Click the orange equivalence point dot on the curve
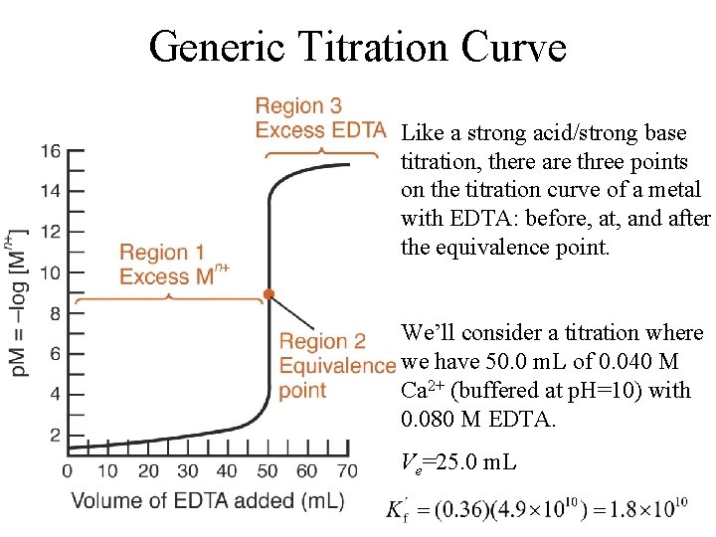(268, 294)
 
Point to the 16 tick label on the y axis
(50, 151)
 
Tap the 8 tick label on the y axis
(55, 313)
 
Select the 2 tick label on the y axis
(55, 435)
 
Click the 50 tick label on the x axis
(268, 470)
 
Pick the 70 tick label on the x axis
(348, 470)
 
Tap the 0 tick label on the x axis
(68, 470)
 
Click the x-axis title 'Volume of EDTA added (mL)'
(208, 500)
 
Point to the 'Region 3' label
(298, 105)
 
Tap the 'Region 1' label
(162, 254)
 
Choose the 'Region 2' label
(322, 342)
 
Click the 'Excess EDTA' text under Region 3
(320, 129)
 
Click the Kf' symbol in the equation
(397, 511)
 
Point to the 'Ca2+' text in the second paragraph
(423, 389)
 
